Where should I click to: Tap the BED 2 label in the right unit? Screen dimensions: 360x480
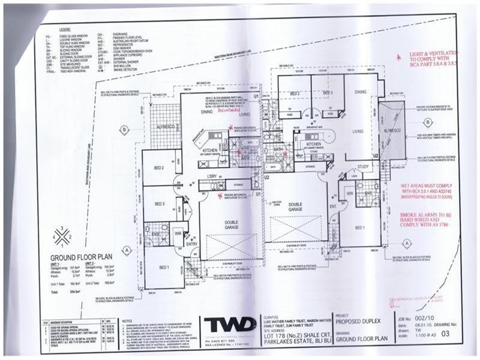pos(295,94)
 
